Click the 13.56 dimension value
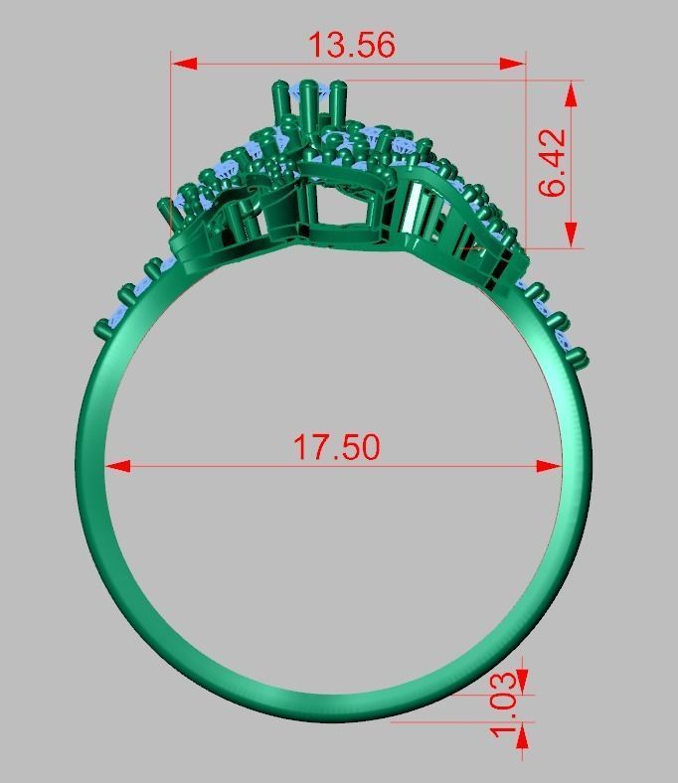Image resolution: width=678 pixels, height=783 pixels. tap(351, 45)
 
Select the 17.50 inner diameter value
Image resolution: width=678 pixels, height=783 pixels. tap(336, 446)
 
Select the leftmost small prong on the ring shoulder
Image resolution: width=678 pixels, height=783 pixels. tap(103, 328)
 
